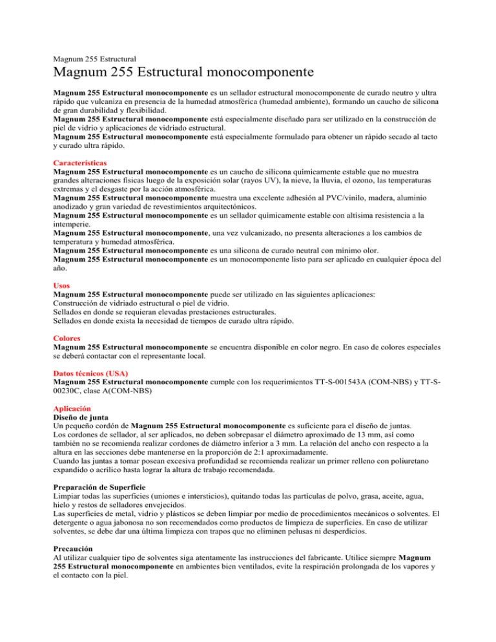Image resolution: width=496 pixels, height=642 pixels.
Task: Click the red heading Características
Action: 80,163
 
